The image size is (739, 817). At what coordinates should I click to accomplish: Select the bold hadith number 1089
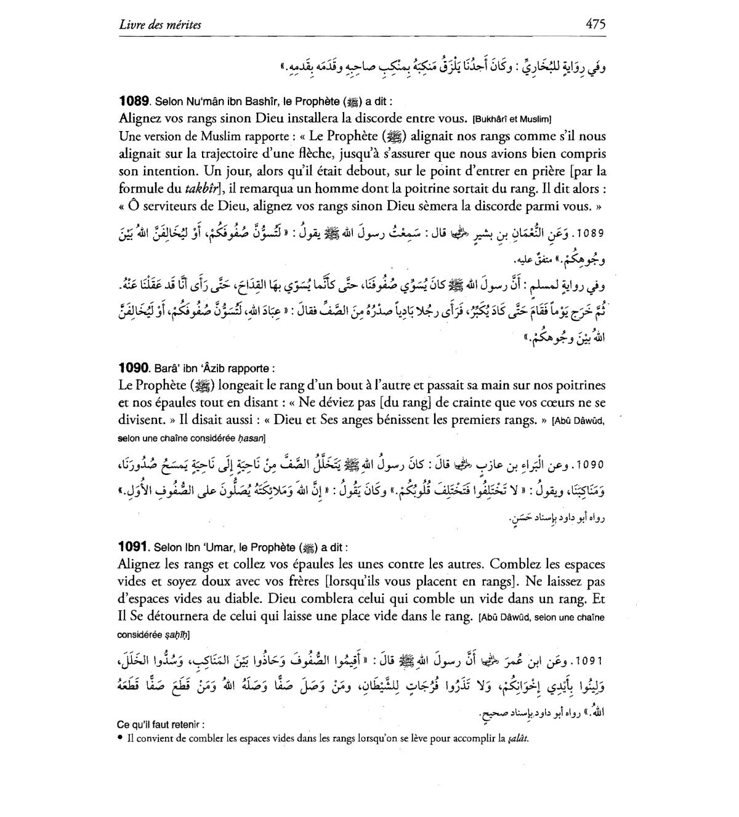(x=134, y=101)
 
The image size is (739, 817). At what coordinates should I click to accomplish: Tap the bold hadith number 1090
(x=134, y=369)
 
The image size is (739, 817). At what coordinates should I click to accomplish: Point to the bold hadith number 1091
(x=134, y=546)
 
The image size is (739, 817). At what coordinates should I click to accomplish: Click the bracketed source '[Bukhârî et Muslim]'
(x=512, y=119)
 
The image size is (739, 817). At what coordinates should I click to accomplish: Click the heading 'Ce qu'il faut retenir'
(x=160, y=725)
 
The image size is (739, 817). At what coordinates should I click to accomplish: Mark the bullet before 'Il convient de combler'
(x=120, y=738)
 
